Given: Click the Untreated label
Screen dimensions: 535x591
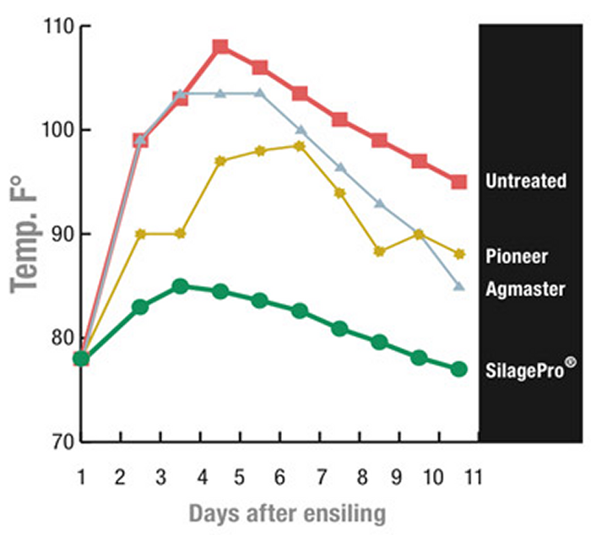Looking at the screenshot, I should (525, 181).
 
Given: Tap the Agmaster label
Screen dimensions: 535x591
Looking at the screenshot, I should (525, 289).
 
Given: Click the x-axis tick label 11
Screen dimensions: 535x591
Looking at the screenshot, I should (474, 477).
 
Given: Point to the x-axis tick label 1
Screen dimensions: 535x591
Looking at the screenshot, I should (82, 477).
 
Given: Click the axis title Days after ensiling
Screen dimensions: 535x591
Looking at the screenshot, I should (287, 512).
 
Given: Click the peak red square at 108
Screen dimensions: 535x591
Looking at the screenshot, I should (220, 47).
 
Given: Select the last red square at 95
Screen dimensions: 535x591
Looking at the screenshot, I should (458, 181).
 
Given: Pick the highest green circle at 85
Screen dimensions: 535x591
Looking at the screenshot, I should (180, 286).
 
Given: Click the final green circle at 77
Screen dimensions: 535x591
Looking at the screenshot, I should (458, 369).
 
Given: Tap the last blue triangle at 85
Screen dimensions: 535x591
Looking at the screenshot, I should (458, 286).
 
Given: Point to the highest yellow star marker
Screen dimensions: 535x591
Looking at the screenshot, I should (299, 146).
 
